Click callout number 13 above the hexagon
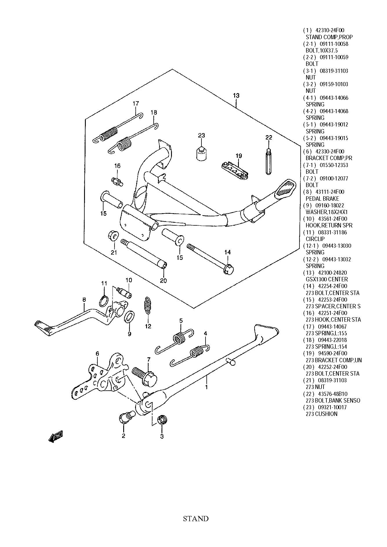click(x=236, y=95)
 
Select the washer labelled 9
click(x=129, y=317)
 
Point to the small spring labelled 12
click(x=148, y=305)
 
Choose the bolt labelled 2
click(x=124, y=418)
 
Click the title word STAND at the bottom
click(x=196, y=518)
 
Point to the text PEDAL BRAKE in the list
click(x=322, y=199)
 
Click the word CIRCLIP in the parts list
click(x=315, y=239)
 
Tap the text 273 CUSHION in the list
click(x=321, y=414)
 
